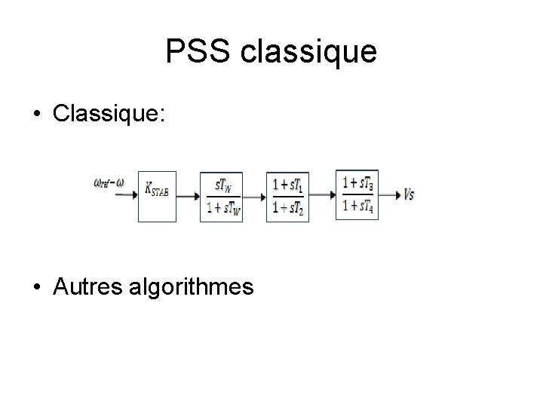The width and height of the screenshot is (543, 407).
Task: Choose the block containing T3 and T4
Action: [x=357, y=194]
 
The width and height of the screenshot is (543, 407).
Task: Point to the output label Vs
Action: [x=409, y=194]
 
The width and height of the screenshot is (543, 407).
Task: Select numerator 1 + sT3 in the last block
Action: [x=357, y=183]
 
